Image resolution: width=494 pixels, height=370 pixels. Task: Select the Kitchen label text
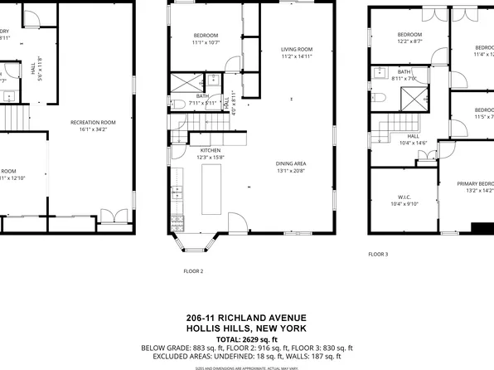pos(211,152)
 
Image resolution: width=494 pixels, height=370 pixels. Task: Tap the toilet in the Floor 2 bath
pos(178,105)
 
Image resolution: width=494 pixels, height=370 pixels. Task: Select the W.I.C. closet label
pos(393,197)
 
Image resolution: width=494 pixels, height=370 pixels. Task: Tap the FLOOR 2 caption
pos(193,271)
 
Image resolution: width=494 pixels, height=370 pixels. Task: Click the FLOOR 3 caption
pos(378,254)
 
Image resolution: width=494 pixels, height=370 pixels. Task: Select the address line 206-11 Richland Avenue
pos(246,318)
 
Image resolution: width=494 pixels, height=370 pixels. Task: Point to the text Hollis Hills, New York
pos(246,329)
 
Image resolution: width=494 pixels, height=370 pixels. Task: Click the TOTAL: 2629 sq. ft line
pos(246,338)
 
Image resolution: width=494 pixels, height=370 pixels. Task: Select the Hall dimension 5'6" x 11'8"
pos(41,75)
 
